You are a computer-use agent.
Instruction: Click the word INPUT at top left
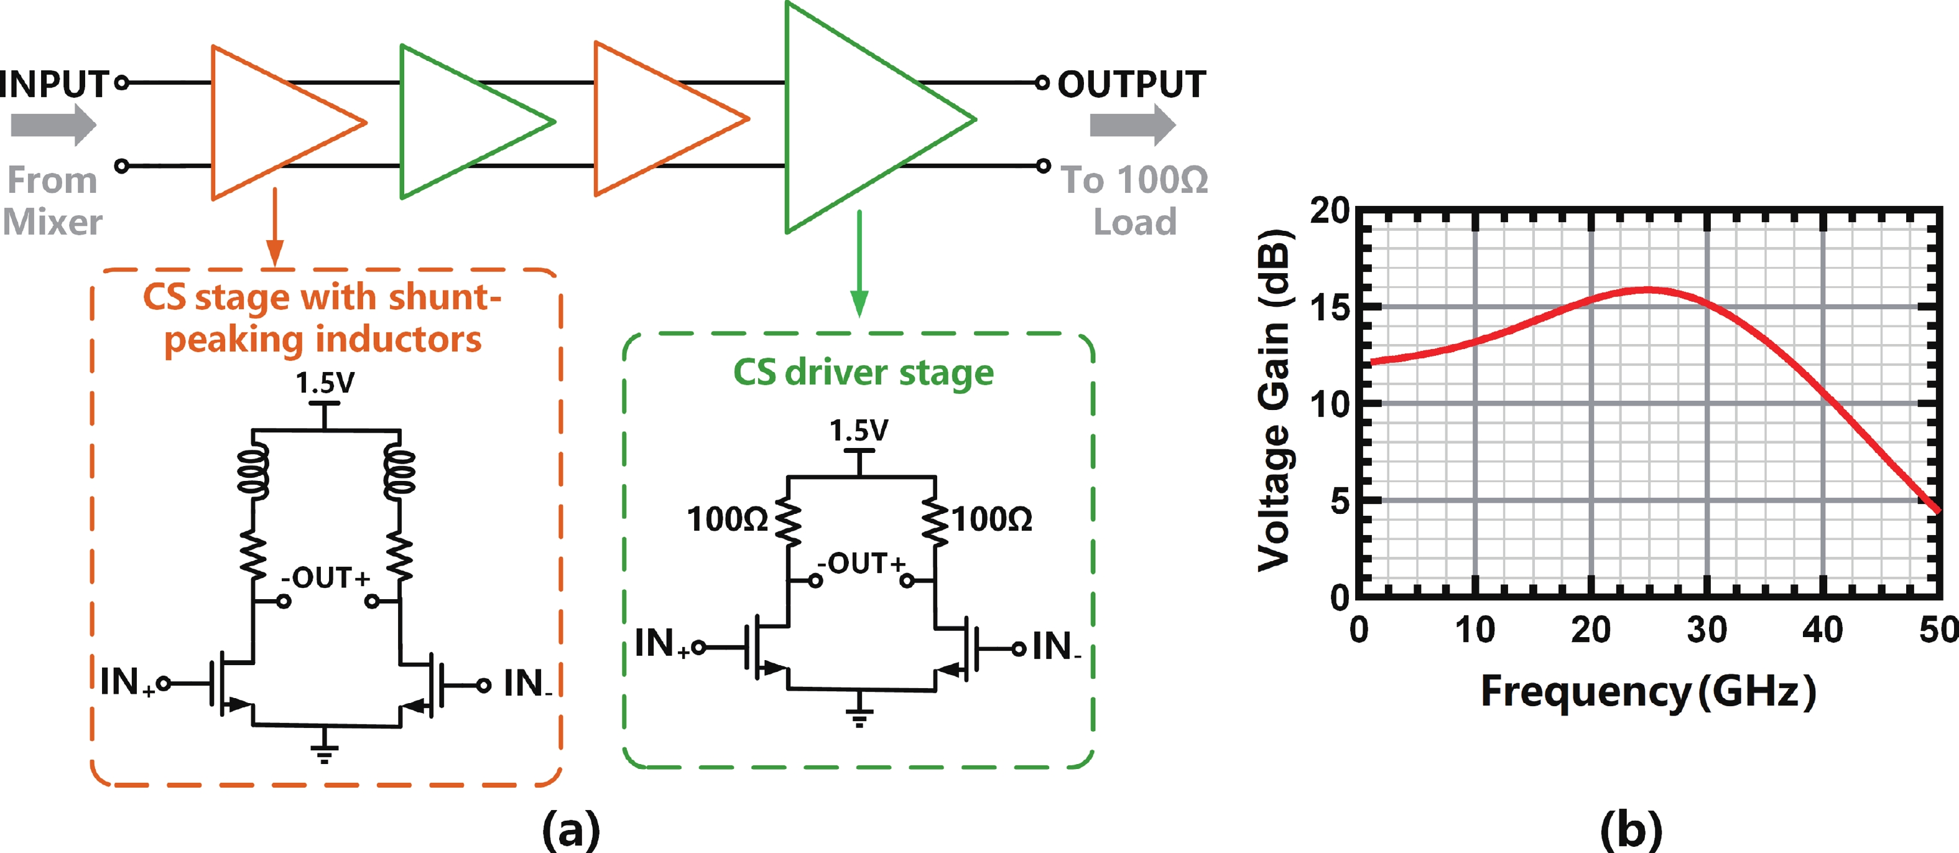click(55, 84)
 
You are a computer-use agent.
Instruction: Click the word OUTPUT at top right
click(1132, 84)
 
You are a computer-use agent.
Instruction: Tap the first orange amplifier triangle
click(274, 122)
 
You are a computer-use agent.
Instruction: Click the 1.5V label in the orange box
click(325, 383)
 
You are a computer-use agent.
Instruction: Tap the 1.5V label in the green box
click(859, 431)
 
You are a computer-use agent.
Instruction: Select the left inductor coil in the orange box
click(253, 473)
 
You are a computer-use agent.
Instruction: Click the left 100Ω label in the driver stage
click(726, 520)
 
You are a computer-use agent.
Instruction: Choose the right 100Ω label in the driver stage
click(993, 520)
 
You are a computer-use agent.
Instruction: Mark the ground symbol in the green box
click(859, 716)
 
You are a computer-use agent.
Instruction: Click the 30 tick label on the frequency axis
click(1707, 630)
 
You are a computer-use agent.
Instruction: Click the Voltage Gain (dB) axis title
click(1274, 399)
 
